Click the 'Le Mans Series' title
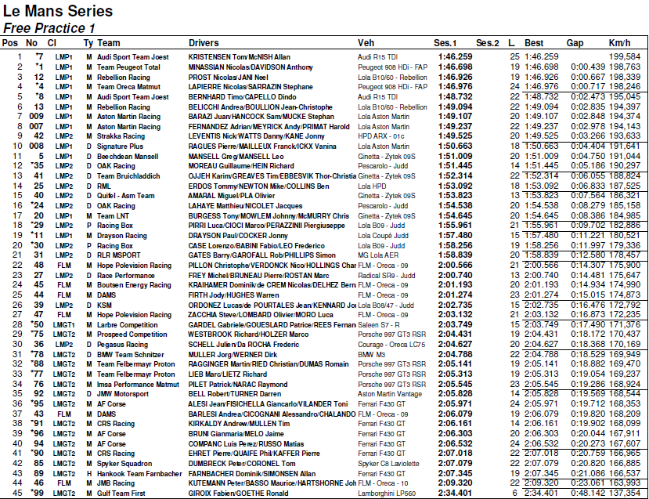pos(58,11)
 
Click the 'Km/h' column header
pos(619,42)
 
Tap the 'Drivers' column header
pos(204,42)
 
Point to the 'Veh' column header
pos(366,42)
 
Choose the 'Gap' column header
pos(575,42)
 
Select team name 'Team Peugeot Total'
pos(128,67)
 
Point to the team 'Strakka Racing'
pos(122,136)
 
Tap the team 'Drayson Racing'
pos(121,234)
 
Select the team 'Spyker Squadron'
pos(124,463)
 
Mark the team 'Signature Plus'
pos(121,146)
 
